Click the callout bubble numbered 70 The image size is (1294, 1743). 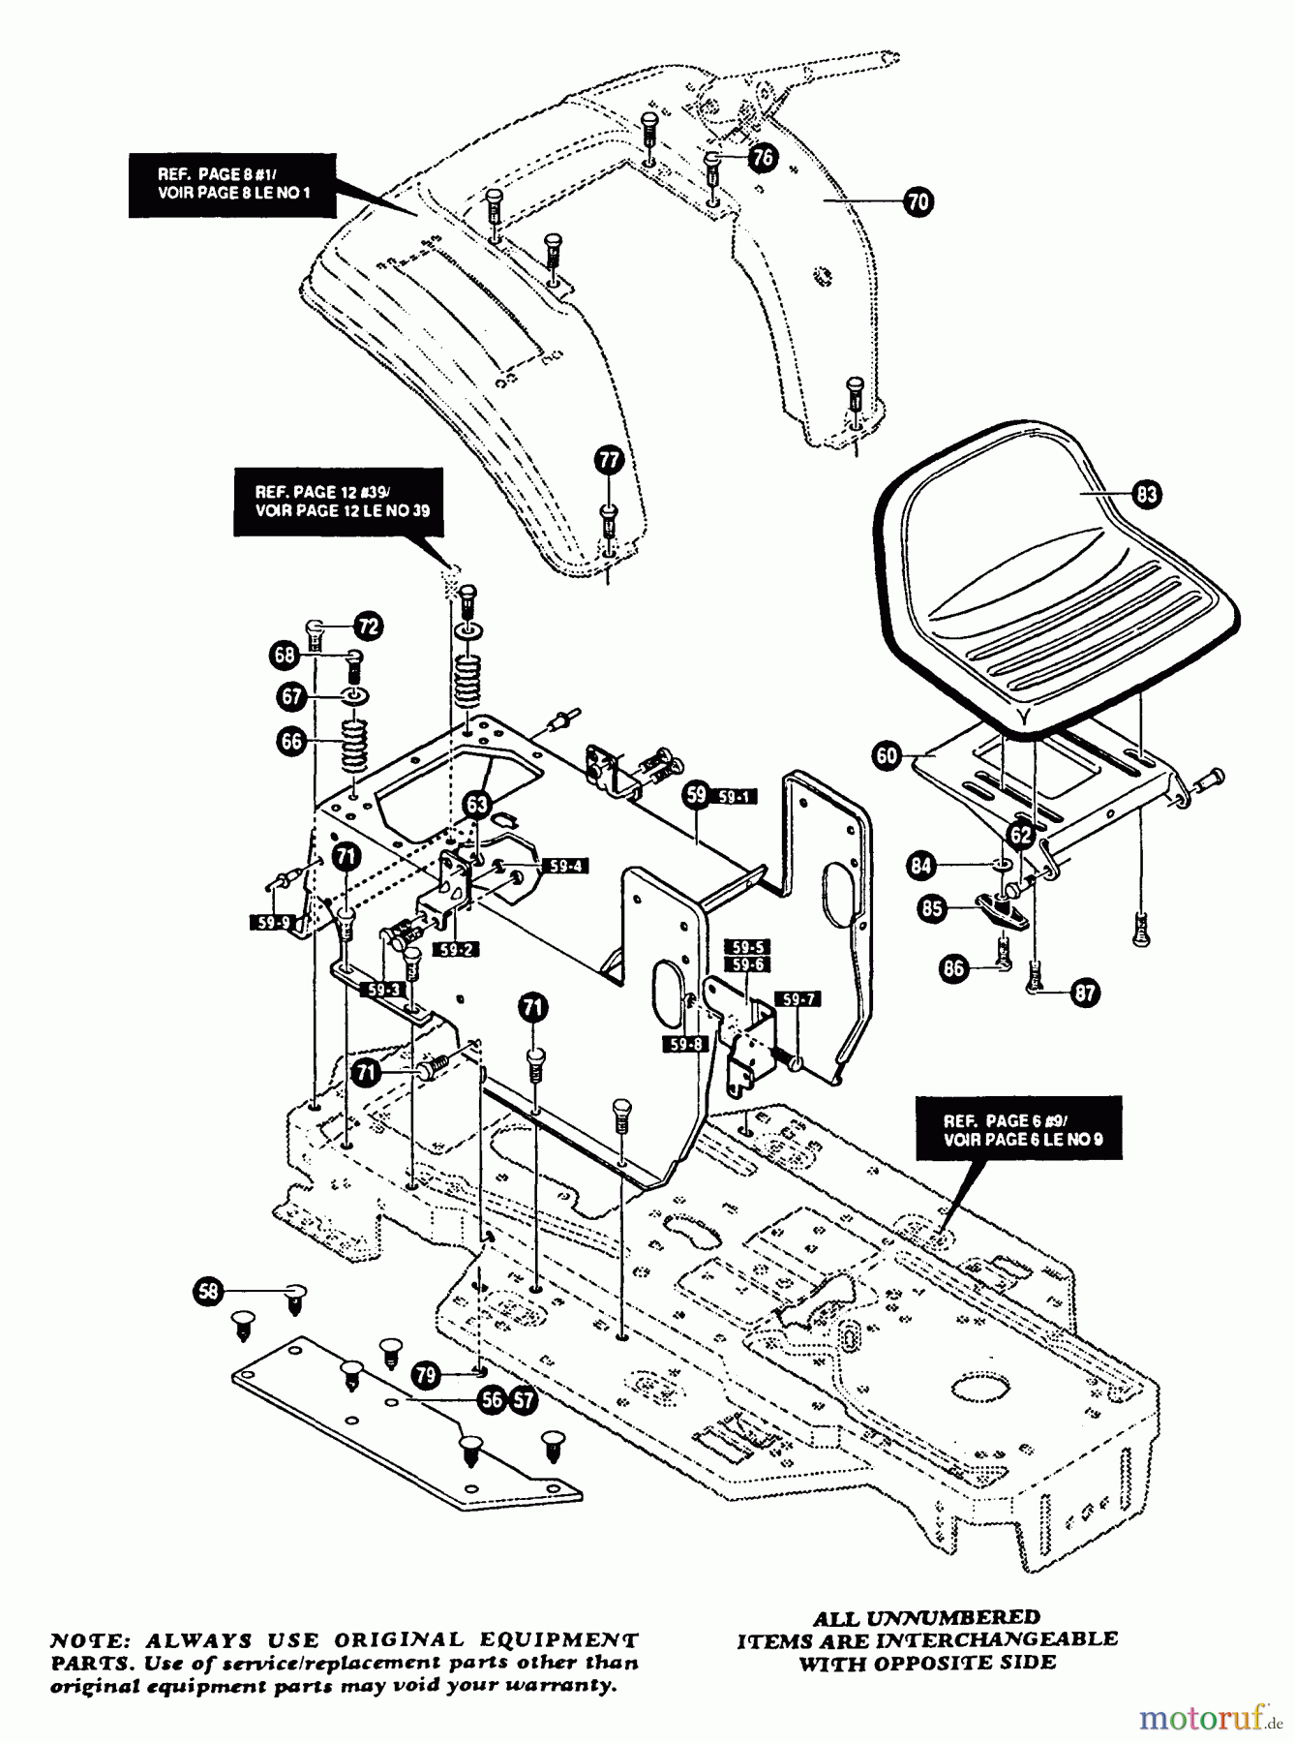pyautogui.click(x=918, y=201)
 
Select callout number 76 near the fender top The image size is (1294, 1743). pyautogui.click(x=764, y=158)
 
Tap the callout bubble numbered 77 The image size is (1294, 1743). pyautogui.click(x=608, y=460)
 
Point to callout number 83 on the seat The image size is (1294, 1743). pyautogui.click(x=1146, y=494)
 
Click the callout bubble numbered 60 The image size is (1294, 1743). pyautogui.click(x=888, y=754)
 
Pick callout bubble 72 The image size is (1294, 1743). pyautogui.click(x=367, y=626)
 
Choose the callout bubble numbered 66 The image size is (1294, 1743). pyautogui.click(x=290, y=742)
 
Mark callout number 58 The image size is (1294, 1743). pyautogui.click(x=208, y=1290)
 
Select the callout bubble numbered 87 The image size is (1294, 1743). pyautogui.click(x=1085, y=993)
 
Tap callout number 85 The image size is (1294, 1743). pyautogui.click(x=933, y=908)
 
